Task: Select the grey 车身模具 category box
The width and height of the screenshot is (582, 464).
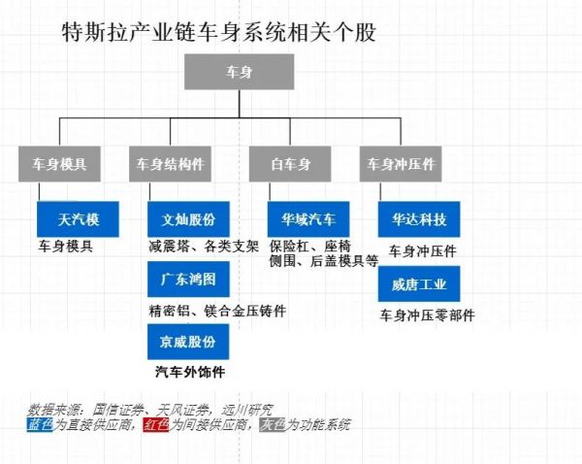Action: click(59, 164)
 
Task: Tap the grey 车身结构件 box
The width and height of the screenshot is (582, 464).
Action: click(170, 164)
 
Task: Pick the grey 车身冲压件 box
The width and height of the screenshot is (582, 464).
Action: click(400, 164)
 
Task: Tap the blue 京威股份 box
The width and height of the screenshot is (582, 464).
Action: click(188, 342)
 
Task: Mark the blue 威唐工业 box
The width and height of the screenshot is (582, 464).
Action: click(419, 284)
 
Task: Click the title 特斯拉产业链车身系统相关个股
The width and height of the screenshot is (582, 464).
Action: click(218, 32)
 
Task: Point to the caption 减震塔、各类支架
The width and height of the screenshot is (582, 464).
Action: click(203, 246)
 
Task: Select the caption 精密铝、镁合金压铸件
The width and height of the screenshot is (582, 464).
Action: click(217, 310)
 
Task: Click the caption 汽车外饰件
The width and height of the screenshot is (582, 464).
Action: click(189, 372)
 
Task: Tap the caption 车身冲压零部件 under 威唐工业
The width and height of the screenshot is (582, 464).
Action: click(428, 315)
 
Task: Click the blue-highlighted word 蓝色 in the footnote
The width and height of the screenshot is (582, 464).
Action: click(43, 424)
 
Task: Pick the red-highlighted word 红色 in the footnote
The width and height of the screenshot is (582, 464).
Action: click(156, 424)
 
